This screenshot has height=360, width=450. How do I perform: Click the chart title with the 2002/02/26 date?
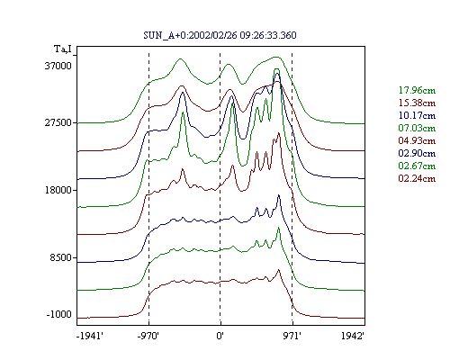click(x=220, y=35)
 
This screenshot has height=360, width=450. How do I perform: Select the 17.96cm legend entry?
click(x=417, y=90)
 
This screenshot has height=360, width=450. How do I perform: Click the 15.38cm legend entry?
click(x=417, y=103)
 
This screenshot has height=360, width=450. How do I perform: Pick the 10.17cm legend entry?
click(x=417, y=115)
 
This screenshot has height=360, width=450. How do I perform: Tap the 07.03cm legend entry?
click(x=417, y=128)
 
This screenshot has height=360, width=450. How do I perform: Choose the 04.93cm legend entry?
click(x=417, y=140)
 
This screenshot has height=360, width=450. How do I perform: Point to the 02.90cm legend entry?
click(x=417, y=153)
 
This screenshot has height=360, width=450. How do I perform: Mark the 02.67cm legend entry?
click(x=417, y=166)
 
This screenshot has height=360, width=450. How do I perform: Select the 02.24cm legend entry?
click(x=417, y=178)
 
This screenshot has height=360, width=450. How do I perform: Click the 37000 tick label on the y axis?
click(x=58, y=66)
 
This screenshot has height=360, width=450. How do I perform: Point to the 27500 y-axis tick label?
click(x=58, y=122)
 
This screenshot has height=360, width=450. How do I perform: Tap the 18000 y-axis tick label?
click(x=58, y=190)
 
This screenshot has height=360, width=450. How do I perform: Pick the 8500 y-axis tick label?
click(x=61, y=257)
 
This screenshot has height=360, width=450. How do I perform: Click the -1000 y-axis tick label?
click(x=59, y=314)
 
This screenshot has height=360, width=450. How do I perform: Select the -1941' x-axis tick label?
click(x=90, y=336)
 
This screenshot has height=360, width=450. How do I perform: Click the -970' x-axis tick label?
click(x=148, y=336)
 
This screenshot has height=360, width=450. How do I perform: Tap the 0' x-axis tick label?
click(x=220, y=336)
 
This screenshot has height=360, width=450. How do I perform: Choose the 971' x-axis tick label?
click(x=292, y=336)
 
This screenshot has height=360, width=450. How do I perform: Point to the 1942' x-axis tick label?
click(x=353, y=336)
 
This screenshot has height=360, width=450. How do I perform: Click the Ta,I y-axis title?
click(x=63, y=49)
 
